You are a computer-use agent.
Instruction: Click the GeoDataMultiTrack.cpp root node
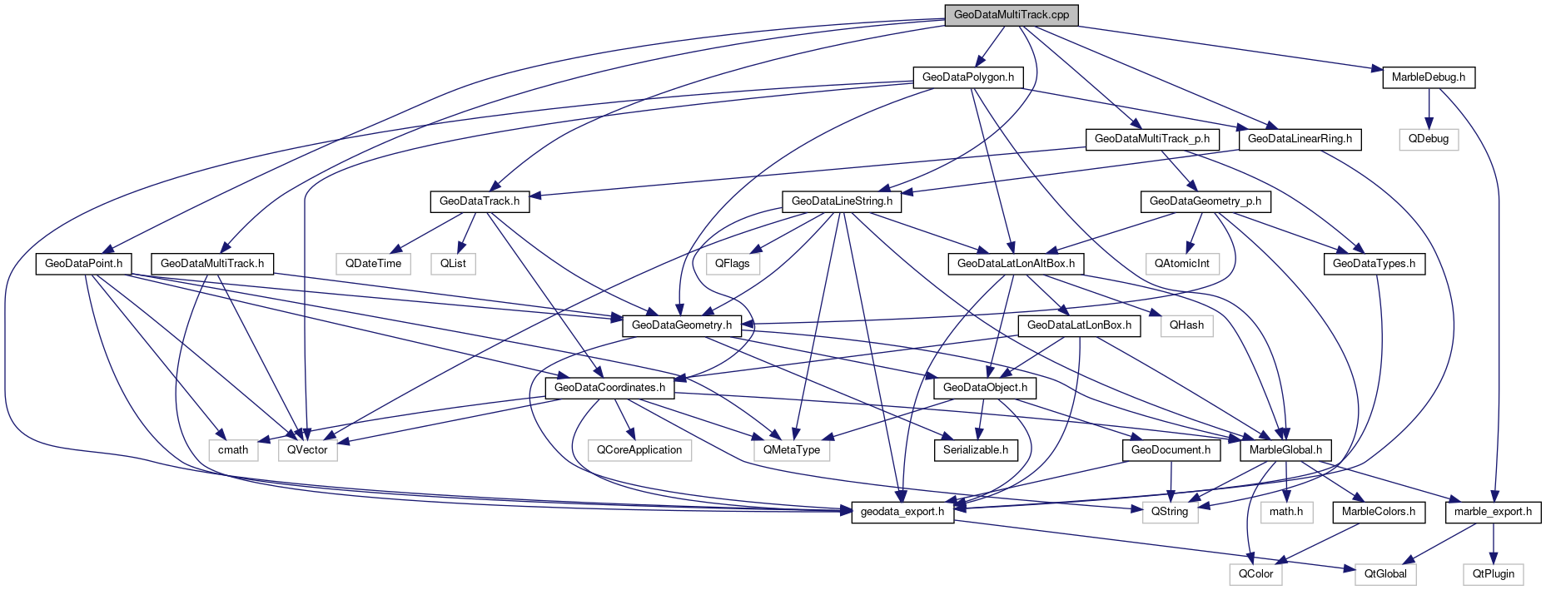click(x=1011, y=15)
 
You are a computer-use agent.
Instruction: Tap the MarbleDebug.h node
click(x=1429, y=77)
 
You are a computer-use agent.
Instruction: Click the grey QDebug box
click(x=1429, y=139)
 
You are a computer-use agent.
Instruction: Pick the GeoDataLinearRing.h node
click(x=1300, y=139)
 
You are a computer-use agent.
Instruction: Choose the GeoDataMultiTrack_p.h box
click(x=1151, y=139)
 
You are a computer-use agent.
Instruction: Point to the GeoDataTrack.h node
click(x=479, y=201)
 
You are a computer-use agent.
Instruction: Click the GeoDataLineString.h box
click(x=842, y=201)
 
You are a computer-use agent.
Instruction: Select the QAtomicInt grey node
click(x=1181, y=264)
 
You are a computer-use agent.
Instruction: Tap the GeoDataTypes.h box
click(x=1374, y=264)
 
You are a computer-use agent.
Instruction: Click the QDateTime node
click(x=374, y=264)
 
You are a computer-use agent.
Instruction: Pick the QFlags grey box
click(x=733, y=264)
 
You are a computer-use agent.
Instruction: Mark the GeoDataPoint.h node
click(x=83, y=264)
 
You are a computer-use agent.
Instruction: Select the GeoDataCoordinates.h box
click(x=609, y=388)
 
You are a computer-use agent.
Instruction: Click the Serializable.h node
click(x=975, y=450)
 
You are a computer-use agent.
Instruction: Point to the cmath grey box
click(x=233, y=450)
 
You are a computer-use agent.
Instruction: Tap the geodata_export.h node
click(x=902, y=512)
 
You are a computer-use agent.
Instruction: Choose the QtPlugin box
click(x=1493, y=574)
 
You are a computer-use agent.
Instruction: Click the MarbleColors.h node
click(x=1378, y=512)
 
